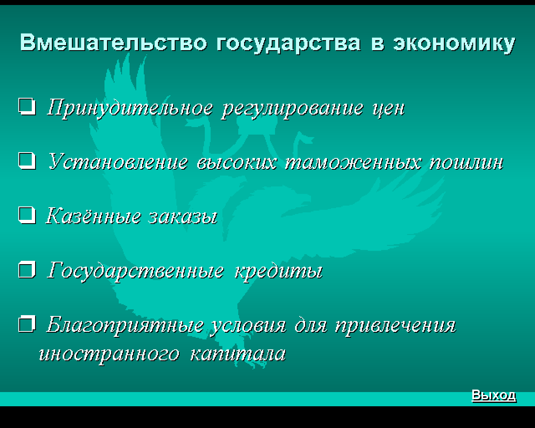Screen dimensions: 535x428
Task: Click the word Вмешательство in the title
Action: pos(113,43)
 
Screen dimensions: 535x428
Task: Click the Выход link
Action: pos(494,395)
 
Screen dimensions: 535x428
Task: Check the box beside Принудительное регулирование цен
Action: pos(27,107)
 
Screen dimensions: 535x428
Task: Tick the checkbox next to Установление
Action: pos(27,161)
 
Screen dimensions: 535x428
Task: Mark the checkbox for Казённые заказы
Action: pos(27,215)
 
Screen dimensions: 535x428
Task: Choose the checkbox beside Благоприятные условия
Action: pos(27,324)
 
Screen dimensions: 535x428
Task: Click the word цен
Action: pos(389,110)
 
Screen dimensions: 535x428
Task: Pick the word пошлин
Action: pos(466,163)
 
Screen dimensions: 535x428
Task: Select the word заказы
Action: pos(183,217)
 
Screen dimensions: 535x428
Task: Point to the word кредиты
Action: pos(279,272)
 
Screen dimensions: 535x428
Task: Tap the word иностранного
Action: pos(109,355)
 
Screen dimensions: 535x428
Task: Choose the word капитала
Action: pos(238,354)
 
